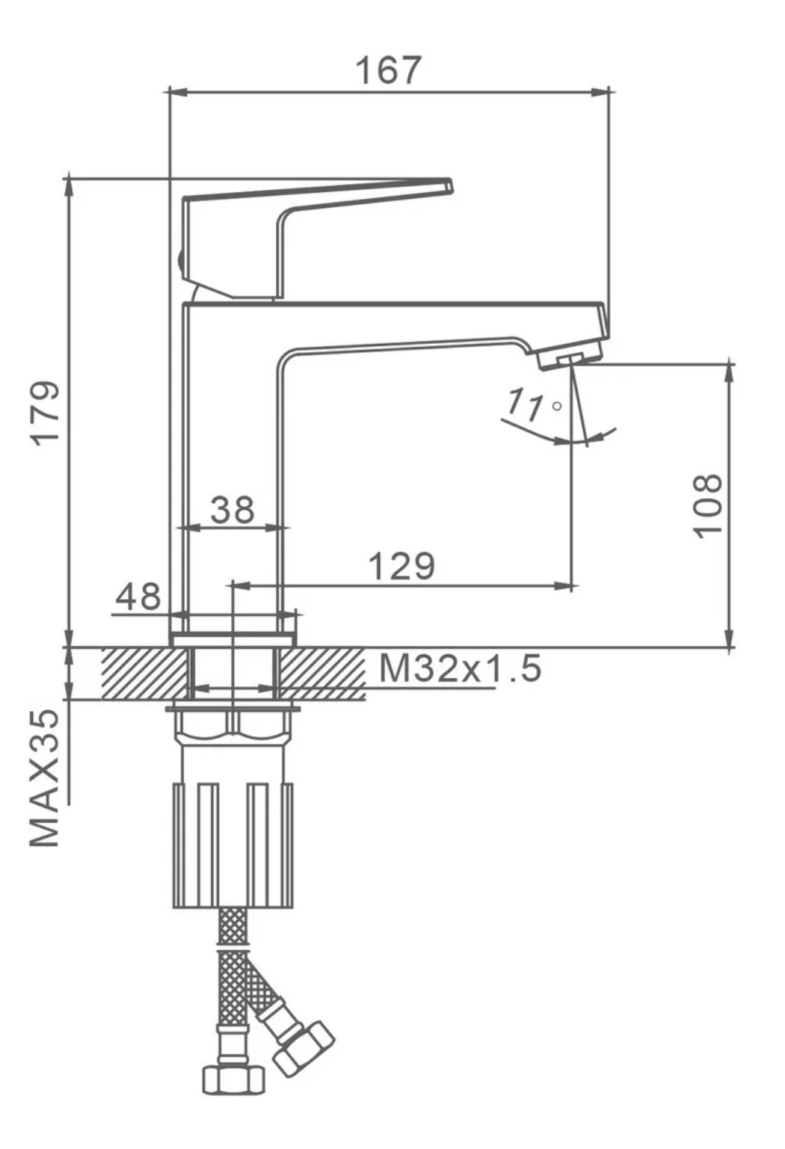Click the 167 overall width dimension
pyautogui.click(x=388, y=70)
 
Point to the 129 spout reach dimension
pyautogui.click(x=401, y=566)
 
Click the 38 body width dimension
pyautogui.click(x=233, y=510)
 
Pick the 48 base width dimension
pyautogui.click(x=138, y=597)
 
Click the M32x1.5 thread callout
pyautogui.click(x=459, y=668)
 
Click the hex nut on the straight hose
pyautogui.click(x=233, y=1079)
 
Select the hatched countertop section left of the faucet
pyautogui.click(x=142, y=673)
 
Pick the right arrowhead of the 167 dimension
pyautogui.click(x=602, y=92)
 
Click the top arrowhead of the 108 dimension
pyautogui.click(x=730, y=372)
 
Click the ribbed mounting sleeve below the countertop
pyautogui.click(x=233, y=844)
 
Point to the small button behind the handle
pyautogui.click(x=181, y=262)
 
